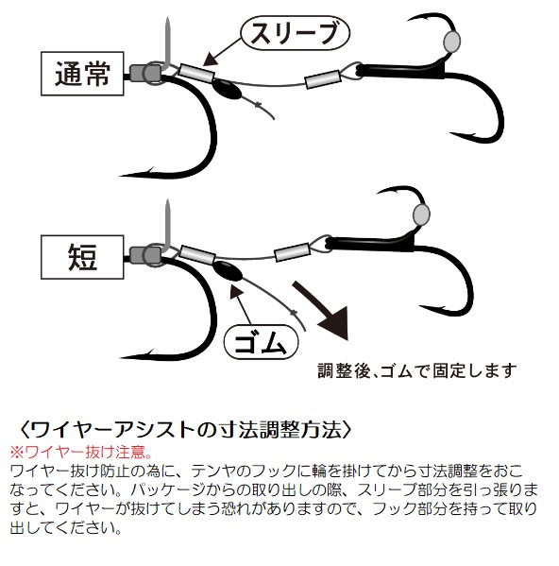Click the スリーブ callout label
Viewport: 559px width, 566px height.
tap(295, 33)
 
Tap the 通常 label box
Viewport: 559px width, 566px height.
tap(82, 74)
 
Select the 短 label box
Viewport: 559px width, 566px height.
tap(82, 257)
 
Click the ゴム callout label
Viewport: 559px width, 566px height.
tap(262, 342)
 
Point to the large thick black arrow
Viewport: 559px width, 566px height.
tap(320, 310)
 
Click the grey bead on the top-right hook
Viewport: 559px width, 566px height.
tap(452, 41)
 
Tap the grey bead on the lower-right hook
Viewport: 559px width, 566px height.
tap(421, 214)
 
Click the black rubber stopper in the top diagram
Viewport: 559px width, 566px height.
tap(226, 90)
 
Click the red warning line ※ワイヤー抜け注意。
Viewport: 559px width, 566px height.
tap(81, 452)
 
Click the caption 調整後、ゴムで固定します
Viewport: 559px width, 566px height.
tap(417, 370)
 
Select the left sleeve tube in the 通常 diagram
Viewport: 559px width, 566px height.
tap(196, 73)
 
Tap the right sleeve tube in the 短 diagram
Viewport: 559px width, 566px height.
tap(293, 252)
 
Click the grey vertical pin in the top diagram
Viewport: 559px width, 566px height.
tap(168, 43)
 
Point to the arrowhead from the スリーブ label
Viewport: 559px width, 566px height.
tap(211, 60)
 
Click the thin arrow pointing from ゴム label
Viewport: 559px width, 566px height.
tap(241, 304)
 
